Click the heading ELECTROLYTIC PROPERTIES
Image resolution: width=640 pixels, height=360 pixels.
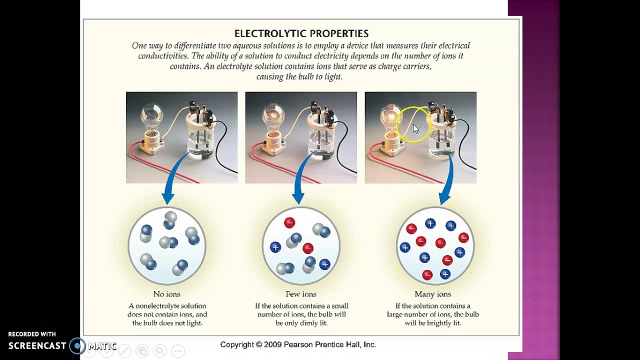point(301,33)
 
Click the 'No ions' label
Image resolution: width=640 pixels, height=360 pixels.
point(166,294)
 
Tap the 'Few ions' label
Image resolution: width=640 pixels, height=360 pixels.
point(300,294)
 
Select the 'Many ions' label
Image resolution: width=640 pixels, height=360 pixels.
point(432,294)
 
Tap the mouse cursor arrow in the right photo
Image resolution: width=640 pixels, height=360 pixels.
point(415,128)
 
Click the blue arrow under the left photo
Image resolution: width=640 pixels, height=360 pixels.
point(170,185)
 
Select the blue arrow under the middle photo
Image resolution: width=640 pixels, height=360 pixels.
point(300,185)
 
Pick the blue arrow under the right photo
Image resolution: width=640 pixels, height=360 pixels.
point(446,185)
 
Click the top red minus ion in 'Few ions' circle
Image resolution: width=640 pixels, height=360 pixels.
point(289,223)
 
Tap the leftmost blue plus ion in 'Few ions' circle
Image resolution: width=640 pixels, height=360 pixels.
point(275,247)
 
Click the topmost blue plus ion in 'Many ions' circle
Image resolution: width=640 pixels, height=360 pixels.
point(430,223)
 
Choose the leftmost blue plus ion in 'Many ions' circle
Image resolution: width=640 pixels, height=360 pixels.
point(405,247)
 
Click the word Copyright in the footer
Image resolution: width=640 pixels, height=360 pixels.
point(237,344)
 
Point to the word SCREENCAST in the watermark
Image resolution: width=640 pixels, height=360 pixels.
point(37,345)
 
